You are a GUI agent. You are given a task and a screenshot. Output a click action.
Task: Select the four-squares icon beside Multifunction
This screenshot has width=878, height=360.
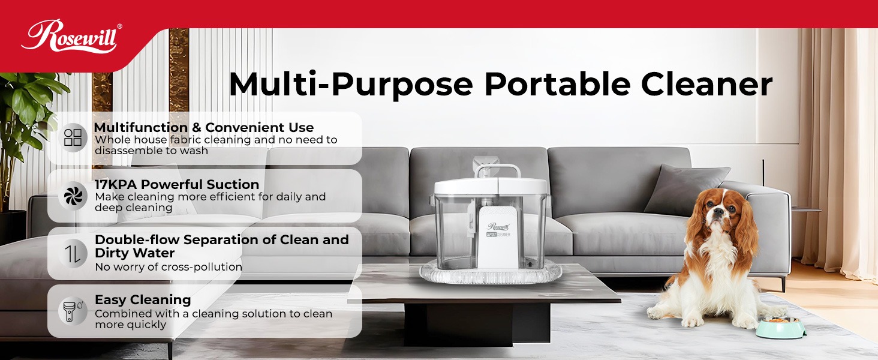point(73,137)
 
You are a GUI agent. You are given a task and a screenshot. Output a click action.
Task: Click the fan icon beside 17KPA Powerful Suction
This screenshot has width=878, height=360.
point(73,196)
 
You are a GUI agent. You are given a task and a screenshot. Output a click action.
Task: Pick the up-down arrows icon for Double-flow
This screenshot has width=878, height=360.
point(73,253)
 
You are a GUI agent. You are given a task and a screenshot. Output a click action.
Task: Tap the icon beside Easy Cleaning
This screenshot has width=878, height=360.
point(70,311)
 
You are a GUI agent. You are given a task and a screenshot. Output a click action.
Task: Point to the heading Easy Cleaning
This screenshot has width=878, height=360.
point(143,299)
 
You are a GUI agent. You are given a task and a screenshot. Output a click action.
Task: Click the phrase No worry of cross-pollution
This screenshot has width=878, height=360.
point(169,267)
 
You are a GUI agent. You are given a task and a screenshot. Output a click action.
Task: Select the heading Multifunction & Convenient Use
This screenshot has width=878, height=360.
point(203,127)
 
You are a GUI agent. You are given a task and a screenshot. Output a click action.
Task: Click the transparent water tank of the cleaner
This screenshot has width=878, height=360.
point(451,234)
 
